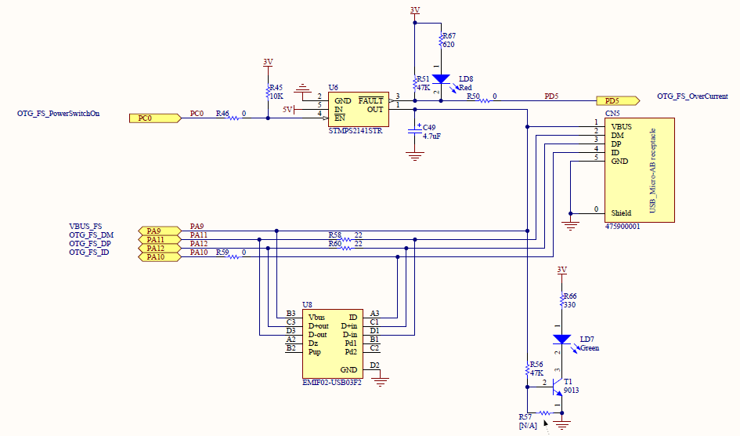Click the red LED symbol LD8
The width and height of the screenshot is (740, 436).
click(x=442, y=79)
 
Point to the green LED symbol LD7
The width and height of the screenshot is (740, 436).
click(x=561, y=340)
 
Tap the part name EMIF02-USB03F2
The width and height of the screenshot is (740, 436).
click(x=333, y=383)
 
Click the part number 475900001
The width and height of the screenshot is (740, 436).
click(x=623, y=226)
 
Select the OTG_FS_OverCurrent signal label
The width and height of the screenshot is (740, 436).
click(x=692, y=96)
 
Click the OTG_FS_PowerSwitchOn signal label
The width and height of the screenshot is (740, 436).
click(x=59, y=113)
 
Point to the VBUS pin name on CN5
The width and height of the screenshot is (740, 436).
click(x=621, y=126)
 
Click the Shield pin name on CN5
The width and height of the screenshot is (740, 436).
click(x=621, y=213)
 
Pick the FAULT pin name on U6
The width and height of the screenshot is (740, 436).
click(x=370, y=100)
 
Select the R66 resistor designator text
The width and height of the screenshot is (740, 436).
click(x=570, y=296)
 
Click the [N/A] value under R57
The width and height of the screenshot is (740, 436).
click(x=528, y=425)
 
